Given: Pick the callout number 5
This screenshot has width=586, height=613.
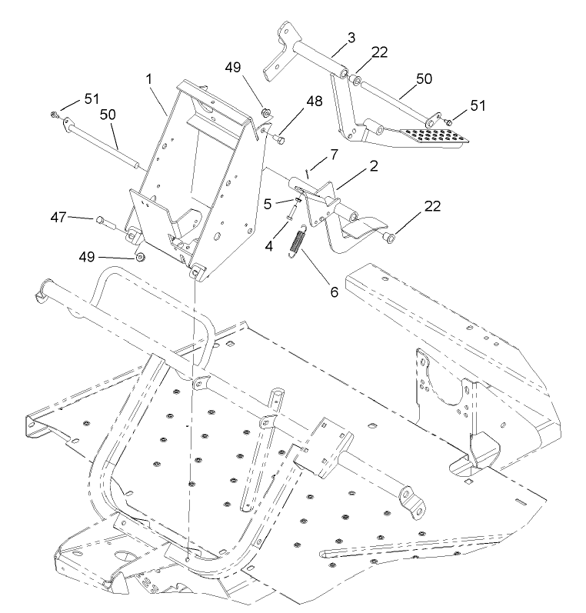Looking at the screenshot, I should click(x=267, y=205).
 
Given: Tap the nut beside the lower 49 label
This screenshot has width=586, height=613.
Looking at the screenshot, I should click(x=142, y=255).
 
